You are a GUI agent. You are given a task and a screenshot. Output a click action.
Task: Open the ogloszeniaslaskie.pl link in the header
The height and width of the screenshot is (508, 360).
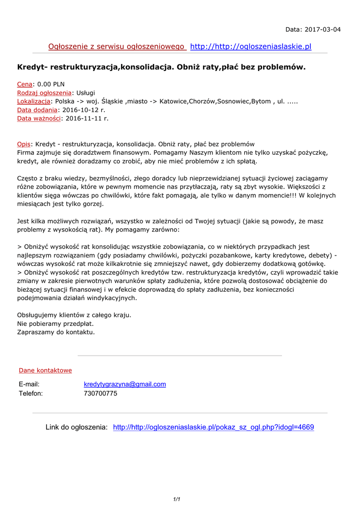coord(251,47)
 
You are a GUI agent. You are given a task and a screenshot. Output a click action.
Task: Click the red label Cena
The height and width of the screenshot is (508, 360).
coord(24,84)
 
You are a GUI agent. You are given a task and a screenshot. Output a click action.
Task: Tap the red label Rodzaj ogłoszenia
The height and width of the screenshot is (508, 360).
coord(44,93)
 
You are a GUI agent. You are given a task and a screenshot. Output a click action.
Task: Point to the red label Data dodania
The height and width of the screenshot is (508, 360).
coord(37,110)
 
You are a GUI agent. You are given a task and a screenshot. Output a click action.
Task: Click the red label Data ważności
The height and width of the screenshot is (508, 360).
coord(39,118)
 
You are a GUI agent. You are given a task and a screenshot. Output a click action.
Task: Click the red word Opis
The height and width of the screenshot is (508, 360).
coord(24,144)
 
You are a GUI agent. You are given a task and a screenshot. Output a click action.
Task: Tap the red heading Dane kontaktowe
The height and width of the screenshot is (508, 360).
coord(45,371)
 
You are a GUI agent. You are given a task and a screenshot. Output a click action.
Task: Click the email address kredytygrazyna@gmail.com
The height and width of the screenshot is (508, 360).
coord(125,384)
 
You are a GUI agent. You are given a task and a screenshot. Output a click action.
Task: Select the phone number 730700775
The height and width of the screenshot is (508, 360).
coord(100,393)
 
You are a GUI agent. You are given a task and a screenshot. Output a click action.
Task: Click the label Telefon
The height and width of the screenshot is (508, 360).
coord(31,393)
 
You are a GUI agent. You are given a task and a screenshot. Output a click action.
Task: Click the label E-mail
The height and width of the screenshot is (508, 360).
coord(29,384)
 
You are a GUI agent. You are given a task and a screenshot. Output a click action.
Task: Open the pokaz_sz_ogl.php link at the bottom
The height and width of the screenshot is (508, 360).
coord(214,427)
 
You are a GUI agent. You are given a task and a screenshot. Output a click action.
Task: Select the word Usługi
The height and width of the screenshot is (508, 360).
coord(85,93)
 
